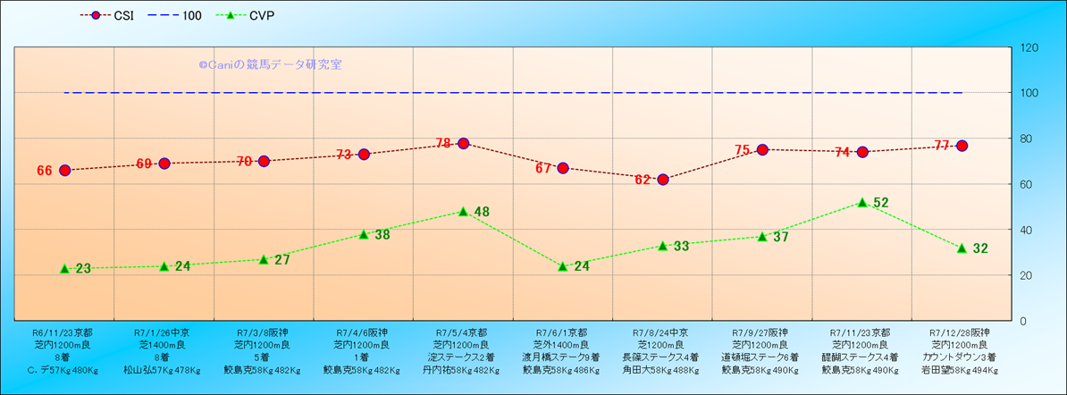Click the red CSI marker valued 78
(x=463, y=143)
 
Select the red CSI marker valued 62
(x=663, y=180)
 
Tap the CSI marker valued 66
(x=64, y=170)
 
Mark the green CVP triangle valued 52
(x=862, y=203)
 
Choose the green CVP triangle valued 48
(x=463, y=212)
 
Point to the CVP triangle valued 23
(x=64, y=268)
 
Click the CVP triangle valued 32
(x=962, y=248)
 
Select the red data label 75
(x=743, y=150)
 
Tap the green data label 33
(x=681, y=246)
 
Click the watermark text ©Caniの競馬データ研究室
(x=271, y=65)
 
